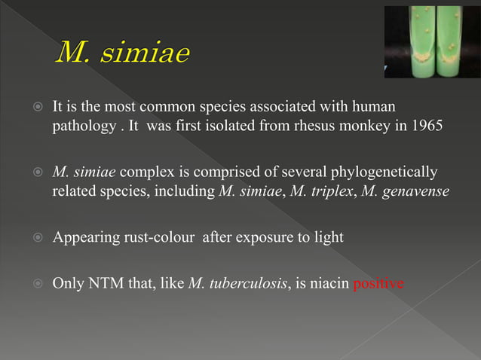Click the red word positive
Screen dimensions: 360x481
coord(378,285)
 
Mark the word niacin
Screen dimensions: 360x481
coord(329,285)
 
